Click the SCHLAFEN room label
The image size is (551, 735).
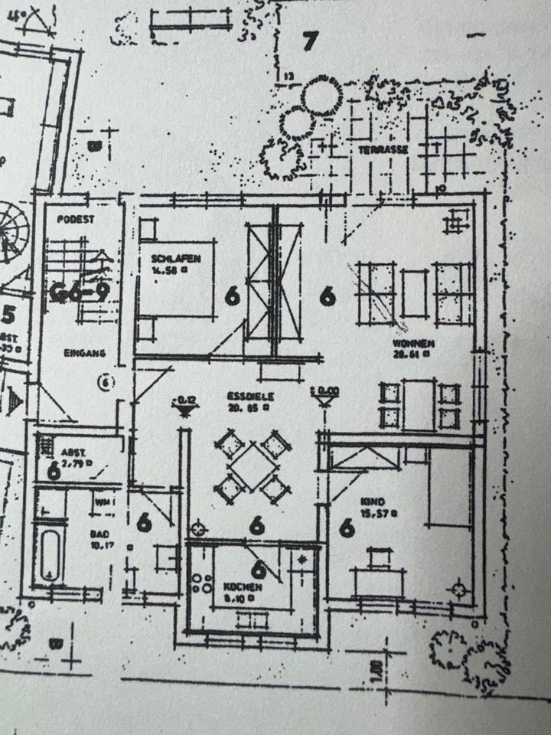click(175, 259)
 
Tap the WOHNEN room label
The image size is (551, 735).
click(414, 343)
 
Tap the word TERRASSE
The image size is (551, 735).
click(383, 149)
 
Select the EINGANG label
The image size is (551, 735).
click(84, 353)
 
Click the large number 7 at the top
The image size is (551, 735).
click(309, 41)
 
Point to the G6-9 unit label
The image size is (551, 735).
click(80, 291)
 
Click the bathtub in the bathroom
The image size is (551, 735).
click(51, 554)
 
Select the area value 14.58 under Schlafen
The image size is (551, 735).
click(167, 270)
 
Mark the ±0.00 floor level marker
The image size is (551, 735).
click(324, 392)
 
